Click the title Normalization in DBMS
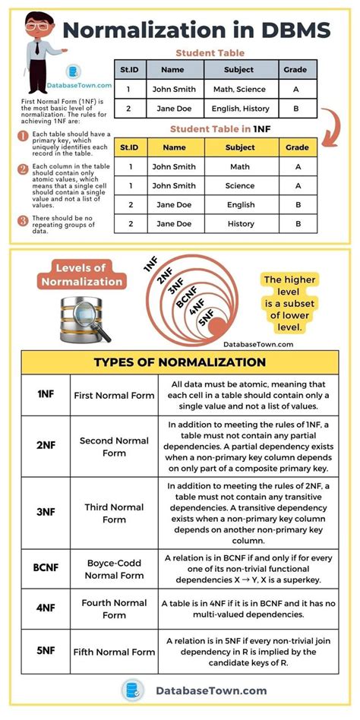pos(196,30)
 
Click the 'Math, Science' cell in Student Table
pos(239,89)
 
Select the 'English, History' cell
pos(239,109)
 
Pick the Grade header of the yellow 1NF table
pos(297,147)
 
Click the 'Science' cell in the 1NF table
pos(240,185)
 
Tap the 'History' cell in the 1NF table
pos(240,224)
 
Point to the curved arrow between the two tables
pos(329,126)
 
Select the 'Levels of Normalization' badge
pos(87,275)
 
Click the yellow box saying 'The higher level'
pos(294,303)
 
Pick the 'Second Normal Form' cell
pos(114,447)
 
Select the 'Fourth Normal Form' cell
pos(114,608)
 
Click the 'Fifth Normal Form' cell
pos(114,652)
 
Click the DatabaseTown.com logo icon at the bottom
pos(133,690)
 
